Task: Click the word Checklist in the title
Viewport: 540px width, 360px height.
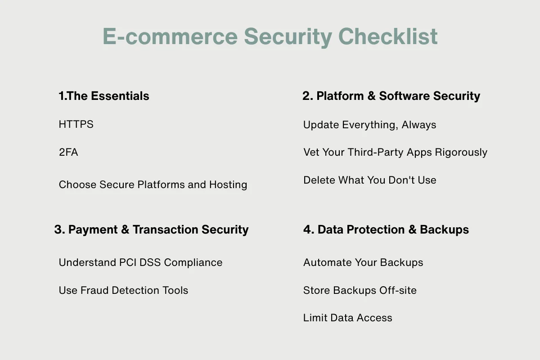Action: [x=387, y=36]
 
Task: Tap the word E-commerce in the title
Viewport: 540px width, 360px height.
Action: [x=170, y=36]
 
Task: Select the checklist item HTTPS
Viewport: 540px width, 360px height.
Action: [x=76, y=124]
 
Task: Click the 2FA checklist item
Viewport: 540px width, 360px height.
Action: [x=68, y=153]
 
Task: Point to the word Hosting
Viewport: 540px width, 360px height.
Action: [x=228, y=185]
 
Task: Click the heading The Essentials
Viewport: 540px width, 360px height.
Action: [x=108, y=96]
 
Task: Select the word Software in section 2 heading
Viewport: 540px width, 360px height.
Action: [x=404, y=96]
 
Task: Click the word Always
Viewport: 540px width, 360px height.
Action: [x=419, y=125]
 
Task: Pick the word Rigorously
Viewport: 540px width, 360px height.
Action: [x=461, y=153]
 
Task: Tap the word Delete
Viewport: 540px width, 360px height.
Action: [x=319, y=180]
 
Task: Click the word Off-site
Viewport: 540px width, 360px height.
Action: [x=398, y=290]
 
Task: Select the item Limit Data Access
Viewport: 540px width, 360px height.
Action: [x=347, y=318]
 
